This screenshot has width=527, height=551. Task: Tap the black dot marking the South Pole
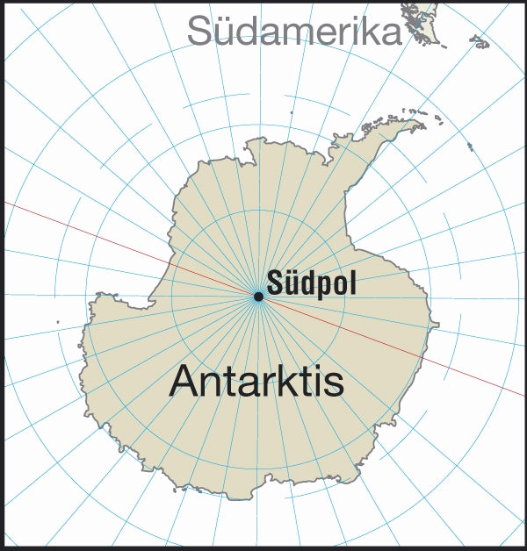(258, 297)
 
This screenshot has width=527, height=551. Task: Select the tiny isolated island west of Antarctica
(58, 322)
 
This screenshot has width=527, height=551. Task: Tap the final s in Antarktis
(334, 383)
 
